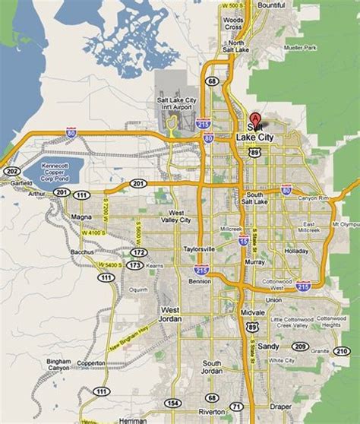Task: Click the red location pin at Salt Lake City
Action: point(256,119)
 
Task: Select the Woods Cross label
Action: point(234,24)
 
